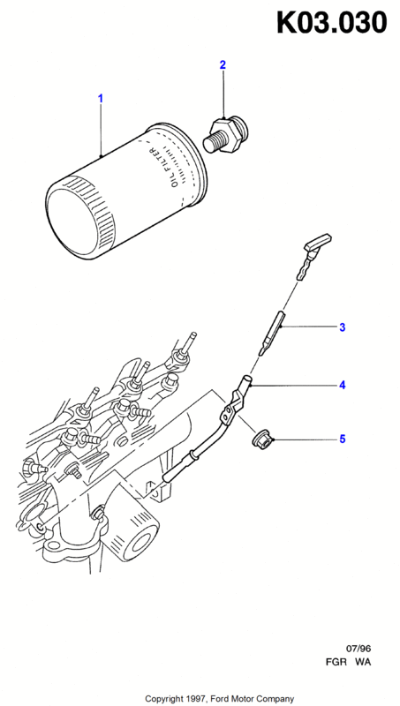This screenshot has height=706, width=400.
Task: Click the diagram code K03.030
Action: pos(332,23)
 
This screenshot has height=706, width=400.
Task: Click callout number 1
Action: pos(101,98)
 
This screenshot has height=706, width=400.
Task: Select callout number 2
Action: pos(223,64)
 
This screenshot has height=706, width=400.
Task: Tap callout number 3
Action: pos(343,327)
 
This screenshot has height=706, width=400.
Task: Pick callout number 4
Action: pos(343,386)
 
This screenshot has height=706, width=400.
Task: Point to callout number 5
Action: pos(343,439)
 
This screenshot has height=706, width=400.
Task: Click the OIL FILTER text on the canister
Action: pos(164,168)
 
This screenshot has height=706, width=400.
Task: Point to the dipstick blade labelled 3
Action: pos(272,333)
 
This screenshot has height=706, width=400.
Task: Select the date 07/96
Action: pos(358,649)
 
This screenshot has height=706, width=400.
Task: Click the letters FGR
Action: pos(336,663)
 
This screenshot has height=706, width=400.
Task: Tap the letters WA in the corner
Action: pos(363,663)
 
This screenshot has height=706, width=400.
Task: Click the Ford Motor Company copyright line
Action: pos(219,699)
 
